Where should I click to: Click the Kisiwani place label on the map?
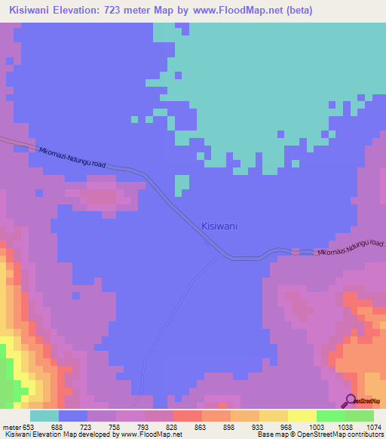pos(220,226)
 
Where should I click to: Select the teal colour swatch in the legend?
pos(44,416)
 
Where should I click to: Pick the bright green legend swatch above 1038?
pos(330,416)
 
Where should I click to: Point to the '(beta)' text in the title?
pos(296,11)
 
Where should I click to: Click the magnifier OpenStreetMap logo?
pos(351,401)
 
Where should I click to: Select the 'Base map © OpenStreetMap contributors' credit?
pos(320,434)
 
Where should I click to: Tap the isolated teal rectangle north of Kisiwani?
pos(182,185)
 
